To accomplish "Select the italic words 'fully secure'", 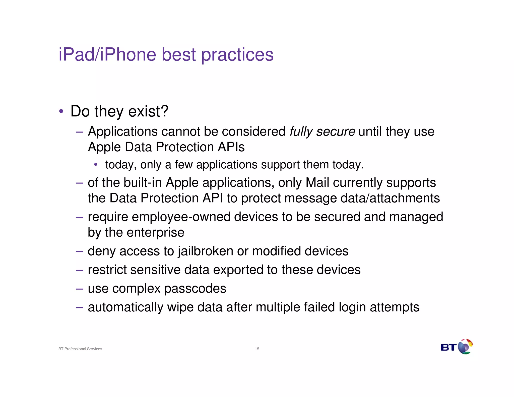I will click(322, 132).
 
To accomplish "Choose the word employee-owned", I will click(181, 217).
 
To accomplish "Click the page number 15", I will click(257, 349).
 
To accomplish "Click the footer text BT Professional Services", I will click(80, 349).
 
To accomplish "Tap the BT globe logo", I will click(465, 347).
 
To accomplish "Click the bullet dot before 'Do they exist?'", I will click(61, 111).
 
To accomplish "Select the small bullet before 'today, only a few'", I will click(96, 165).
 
